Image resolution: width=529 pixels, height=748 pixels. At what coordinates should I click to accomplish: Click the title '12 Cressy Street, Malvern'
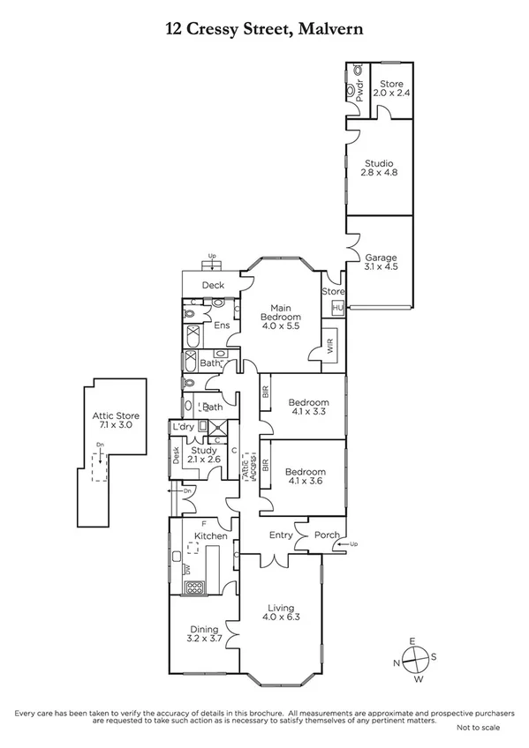[x=264, y=30]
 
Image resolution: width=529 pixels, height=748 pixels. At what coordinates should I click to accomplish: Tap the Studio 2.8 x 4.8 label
[x=380, y=168]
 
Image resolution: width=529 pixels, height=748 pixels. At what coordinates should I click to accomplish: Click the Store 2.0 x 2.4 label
[x=391, y=88]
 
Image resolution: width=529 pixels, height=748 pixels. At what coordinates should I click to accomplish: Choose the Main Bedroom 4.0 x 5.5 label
[x=281, y=316]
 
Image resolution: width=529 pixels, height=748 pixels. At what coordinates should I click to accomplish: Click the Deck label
[x=213, y=285]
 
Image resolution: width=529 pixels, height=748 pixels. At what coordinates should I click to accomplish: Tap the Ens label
[x=223, y=325]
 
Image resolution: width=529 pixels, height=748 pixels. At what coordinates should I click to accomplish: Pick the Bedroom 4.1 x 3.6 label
[x=306, y=477]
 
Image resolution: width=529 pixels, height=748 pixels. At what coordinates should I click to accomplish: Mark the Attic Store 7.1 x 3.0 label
[x=116, y=421]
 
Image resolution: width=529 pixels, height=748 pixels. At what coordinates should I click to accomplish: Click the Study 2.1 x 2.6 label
[x=211, y=454]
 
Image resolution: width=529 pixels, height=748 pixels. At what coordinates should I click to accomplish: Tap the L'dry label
[x=184, y=427]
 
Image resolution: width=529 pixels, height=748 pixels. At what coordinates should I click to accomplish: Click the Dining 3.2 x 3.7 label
[x=203, y=633]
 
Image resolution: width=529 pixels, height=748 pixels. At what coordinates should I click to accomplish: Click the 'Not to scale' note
[x=478, y=728]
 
